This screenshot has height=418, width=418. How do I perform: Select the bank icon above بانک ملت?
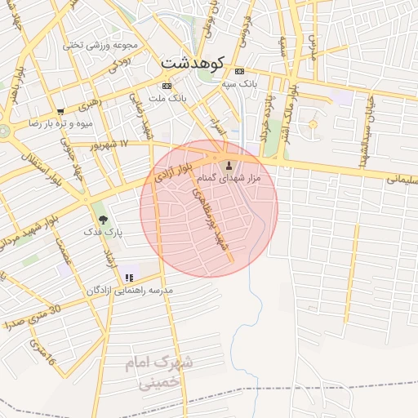click(x=167, y=85)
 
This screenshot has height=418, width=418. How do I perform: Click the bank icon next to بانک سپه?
click(x=239, y=71)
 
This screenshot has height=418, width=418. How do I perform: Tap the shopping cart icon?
click(x=60, y=112)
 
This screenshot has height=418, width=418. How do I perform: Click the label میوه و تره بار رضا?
click(x=61, y=123)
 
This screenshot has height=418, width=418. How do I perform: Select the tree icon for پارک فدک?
click(x=103, y=219)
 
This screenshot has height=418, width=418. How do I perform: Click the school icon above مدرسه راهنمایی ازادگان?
click(x=129, y=278)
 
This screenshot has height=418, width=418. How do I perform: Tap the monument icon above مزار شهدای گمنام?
click(x=228, y=167)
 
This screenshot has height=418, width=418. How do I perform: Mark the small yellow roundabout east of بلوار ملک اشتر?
click(x=312, y=124)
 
